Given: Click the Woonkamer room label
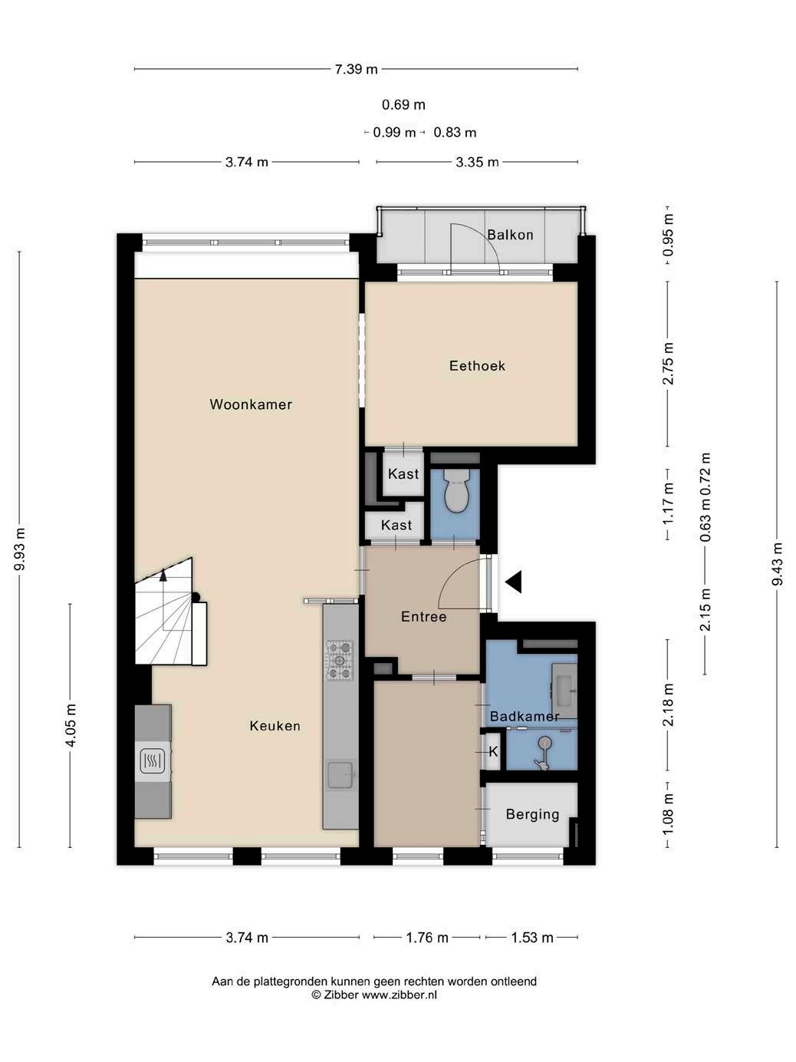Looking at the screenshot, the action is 251,404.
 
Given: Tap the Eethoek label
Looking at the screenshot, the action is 477,366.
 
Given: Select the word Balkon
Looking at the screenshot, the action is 510,235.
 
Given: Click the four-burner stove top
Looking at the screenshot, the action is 340,660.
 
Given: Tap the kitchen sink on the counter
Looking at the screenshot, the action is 342,775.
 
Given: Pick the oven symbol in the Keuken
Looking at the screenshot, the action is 153,761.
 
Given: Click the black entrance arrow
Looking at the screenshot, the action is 513,582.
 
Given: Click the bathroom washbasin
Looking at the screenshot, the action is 564,691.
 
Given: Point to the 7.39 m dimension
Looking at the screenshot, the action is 356,69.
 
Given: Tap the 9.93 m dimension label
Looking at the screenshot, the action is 20,549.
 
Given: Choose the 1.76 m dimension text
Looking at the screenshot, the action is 427,938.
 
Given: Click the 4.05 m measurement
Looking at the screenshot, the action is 71,726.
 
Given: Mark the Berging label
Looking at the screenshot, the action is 532,815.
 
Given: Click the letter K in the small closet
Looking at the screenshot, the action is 493,752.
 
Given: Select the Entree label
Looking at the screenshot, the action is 424,617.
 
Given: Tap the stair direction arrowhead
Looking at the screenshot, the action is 163,575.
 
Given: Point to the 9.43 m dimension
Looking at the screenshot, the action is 777,564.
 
